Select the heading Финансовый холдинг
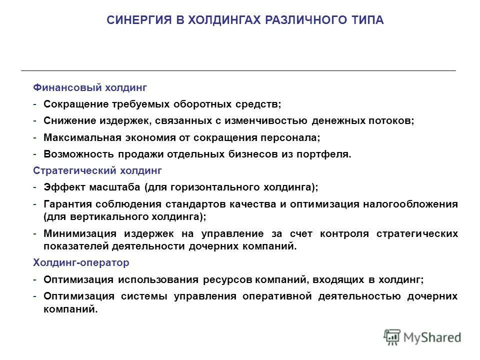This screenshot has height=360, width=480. (x=90, y=87)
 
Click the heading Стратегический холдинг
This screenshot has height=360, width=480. (x=97, y=170)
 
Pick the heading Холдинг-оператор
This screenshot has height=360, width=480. (x=81, y=262)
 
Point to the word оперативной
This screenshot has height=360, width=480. (x=274, y=296)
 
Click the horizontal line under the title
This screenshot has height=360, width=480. (x=238, y=70)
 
